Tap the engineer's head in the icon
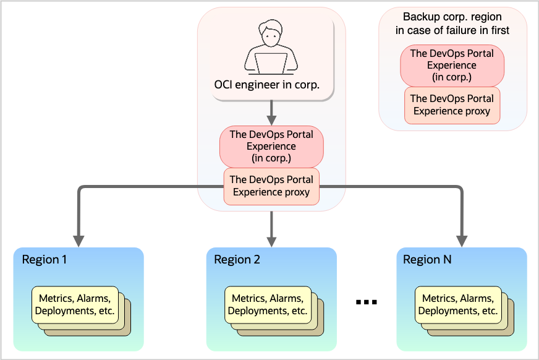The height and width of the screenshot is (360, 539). coord(271,35)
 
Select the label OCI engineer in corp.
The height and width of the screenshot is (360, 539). coord(266,85)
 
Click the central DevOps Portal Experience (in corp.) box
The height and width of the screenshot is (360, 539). coord(271,146)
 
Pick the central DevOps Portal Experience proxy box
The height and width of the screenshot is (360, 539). coord(271,186)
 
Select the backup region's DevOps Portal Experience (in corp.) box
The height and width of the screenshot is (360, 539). coord(452,65)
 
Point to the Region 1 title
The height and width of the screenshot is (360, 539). coord(45,259)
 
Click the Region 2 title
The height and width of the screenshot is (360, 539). coord(237,259)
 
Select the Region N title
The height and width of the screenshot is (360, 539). coord(427,259)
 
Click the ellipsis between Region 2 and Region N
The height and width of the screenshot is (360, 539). coord(367,302)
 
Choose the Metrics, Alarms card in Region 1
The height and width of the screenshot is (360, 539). coord(75,304)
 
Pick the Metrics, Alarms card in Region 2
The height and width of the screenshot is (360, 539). coord(267,304)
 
